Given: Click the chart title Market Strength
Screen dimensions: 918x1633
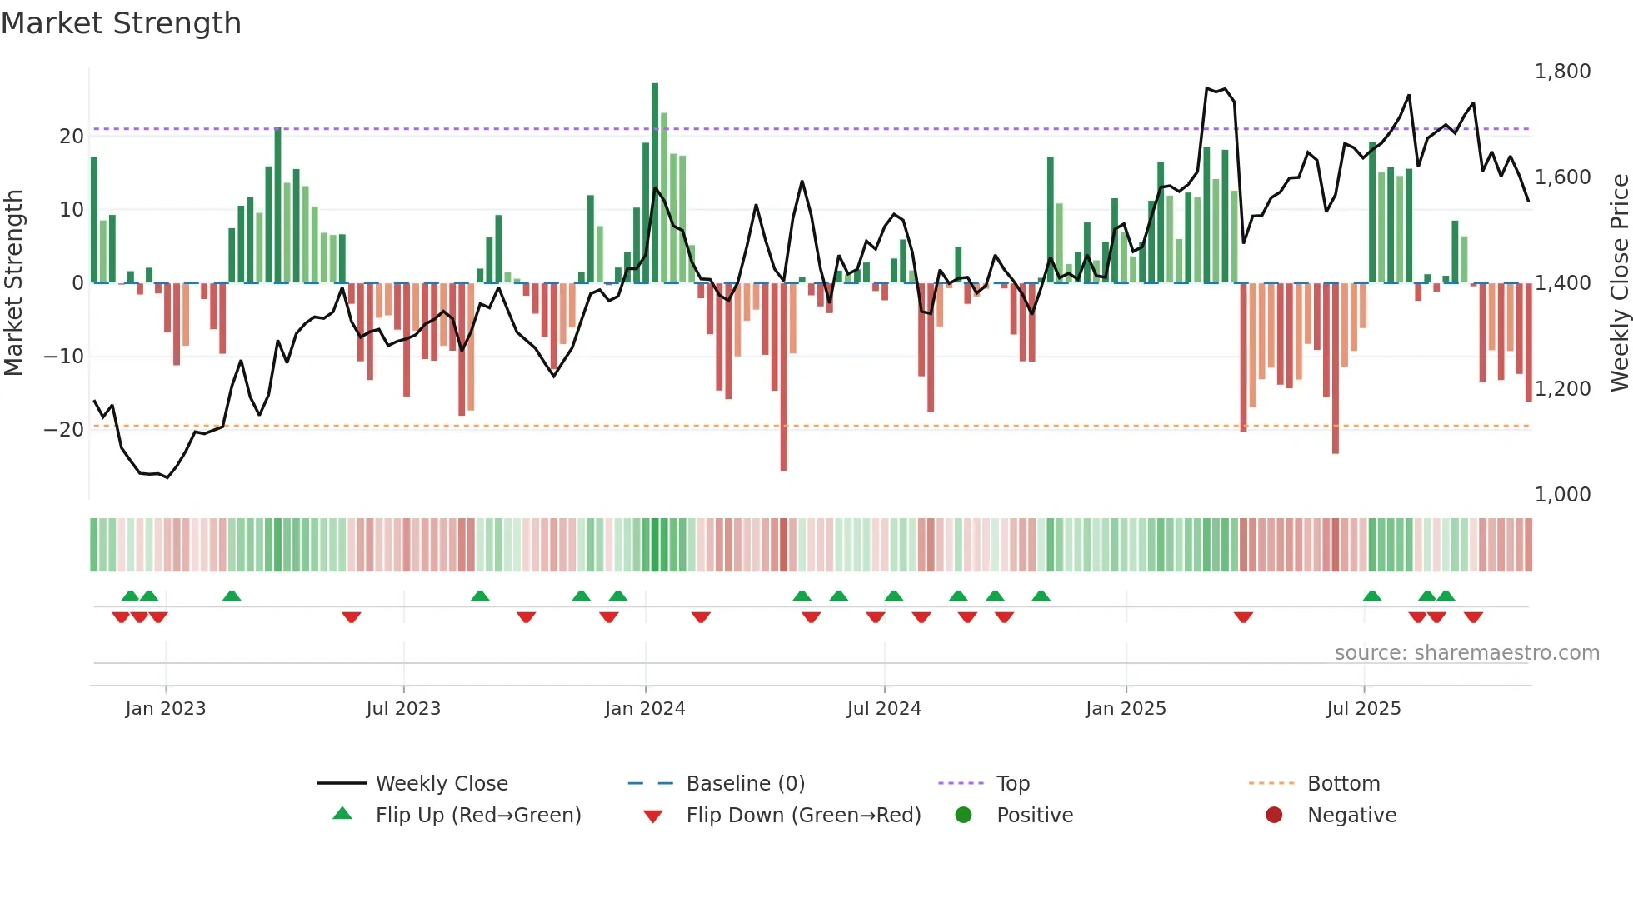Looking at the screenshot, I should (121, 23).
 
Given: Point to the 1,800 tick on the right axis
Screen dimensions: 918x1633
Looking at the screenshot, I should (1562, 72).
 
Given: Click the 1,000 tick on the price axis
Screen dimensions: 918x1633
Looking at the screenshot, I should (1562, 495).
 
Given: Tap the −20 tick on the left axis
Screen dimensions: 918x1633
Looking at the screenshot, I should (64, 430).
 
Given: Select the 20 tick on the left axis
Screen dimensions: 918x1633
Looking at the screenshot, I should (71, 137).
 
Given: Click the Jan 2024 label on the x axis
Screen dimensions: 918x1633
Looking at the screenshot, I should (645, 709).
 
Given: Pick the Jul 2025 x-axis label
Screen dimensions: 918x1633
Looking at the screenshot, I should (1364, 709).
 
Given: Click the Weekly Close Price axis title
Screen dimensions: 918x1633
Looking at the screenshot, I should (1619, 283).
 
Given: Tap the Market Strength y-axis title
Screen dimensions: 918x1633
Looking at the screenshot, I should (13, 283).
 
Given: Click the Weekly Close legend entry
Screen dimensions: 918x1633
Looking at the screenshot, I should (441, 784).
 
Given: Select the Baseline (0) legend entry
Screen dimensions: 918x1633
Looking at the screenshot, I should (745, 784).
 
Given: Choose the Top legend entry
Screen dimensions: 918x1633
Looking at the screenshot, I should (1012, 784).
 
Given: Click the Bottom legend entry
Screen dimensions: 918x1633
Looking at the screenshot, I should (1343, 784).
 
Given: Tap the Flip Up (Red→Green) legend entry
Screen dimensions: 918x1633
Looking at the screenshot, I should (477, 816).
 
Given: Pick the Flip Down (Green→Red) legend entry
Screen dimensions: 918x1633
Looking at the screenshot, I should (803, 816).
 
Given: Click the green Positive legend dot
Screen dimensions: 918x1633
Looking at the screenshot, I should (964, 816).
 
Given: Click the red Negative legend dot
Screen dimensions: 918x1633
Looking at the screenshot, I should (1274, 816).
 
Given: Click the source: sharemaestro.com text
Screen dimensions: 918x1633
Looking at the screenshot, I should (1466, 653).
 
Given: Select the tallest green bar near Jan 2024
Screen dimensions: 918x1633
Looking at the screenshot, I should (655, 183).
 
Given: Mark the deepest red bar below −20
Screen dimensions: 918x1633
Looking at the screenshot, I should (783, 377).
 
